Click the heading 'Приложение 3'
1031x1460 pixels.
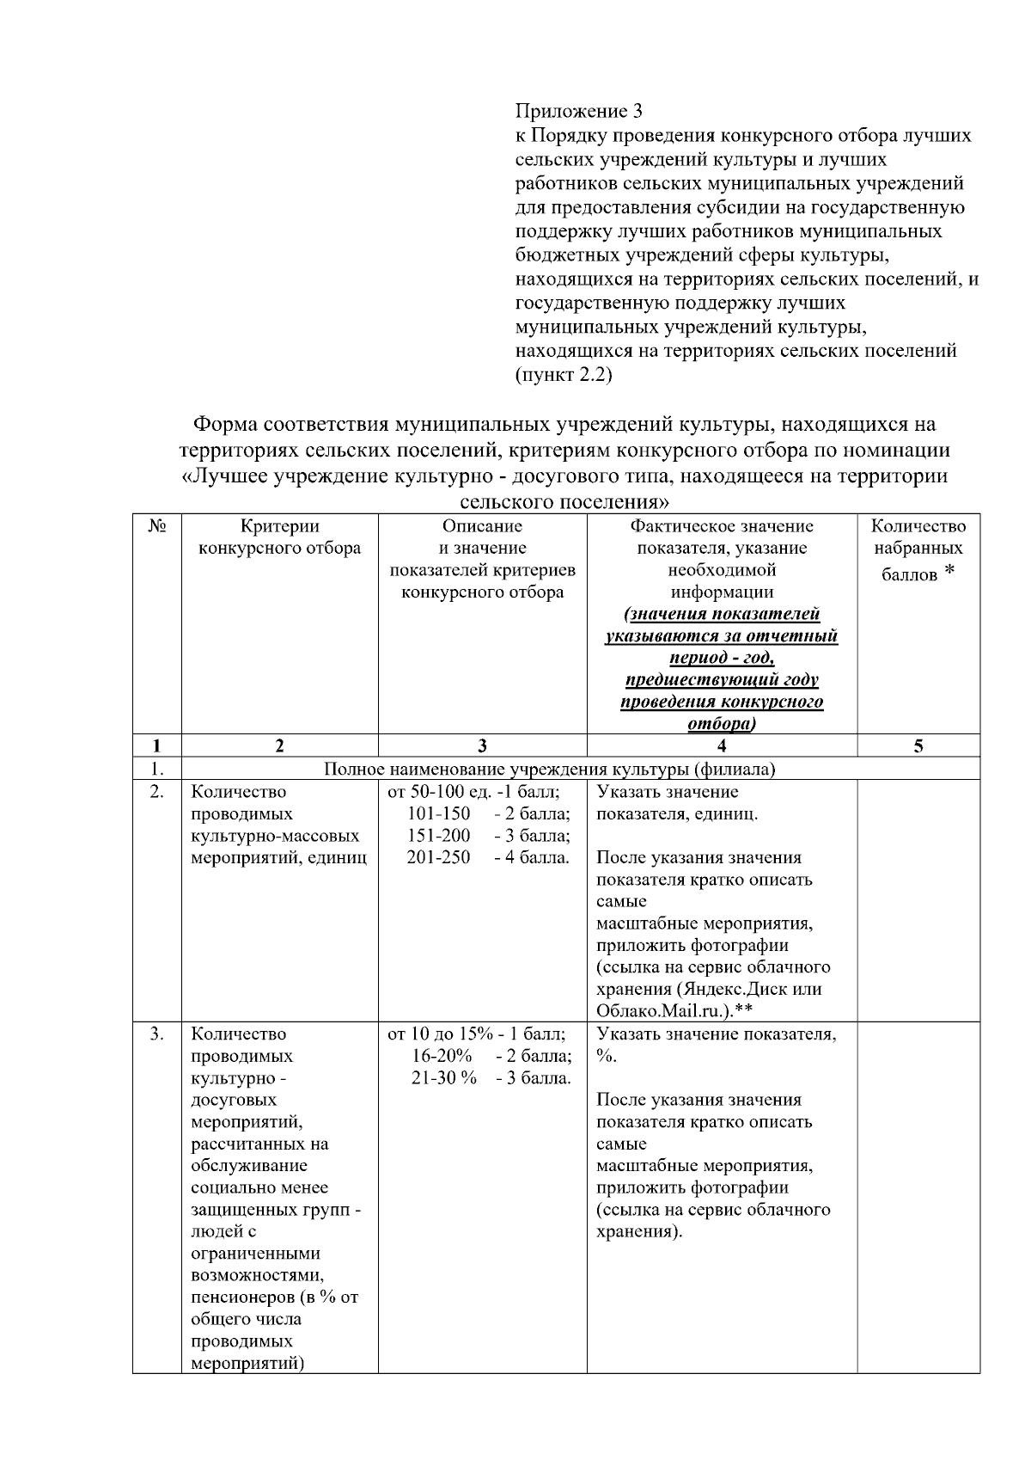pyautogui.click(x=578, y=112)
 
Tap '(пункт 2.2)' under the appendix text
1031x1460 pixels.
pyautogui.click(x=563, y=375)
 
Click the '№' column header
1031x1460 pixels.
pyautogui.click(x=156, y=526)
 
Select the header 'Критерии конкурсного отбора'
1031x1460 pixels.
pyautogui.click(x=279, y=537)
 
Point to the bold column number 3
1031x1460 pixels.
pyautogui.click(x=482, y=746)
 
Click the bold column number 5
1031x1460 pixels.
pyautogui.click(x=918, y=746)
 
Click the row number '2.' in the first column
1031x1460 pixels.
pyautogui.click(x=156, y=792)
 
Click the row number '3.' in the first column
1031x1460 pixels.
pyautogui.click(x=156, y=1034)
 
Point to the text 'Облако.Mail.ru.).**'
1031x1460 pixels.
pyautogui.click(x=674, y=1010)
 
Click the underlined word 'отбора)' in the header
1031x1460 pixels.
pyautogui.click(x=722, y=724)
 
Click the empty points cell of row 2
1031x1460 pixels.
pyautogui.click(x=918, y=899)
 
